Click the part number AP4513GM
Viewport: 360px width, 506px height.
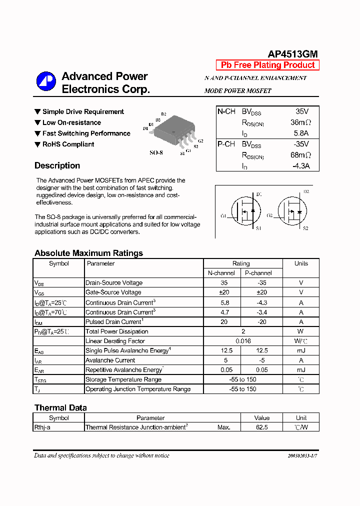tap(292, 54)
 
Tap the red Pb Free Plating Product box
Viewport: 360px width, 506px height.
tap(267, 65)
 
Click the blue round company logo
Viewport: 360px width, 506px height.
tap(46, 81)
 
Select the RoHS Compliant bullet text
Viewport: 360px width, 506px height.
tap(68, 144)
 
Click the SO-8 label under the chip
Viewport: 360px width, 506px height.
tap(156, 152)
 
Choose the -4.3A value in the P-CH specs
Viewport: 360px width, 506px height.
tap(300, 166)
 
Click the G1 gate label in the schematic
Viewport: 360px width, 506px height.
tap(223, 216)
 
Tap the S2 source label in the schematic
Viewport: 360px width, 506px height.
tap(305, 228)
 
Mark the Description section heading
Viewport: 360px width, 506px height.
tap(57, 166)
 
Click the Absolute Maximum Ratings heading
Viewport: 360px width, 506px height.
tap(88, 253)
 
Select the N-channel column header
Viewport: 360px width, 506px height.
tap(221, 273)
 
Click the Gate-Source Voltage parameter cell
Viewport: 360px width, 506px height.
tap(113, 292)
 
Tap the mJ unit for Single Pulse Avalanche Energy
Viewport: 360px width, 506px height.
tap(300, 350)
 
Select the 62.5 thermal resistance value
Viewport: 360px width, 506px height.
tap(261, 427)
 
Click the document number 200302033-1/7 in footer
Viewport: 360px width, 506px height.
tap(302, 456)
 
